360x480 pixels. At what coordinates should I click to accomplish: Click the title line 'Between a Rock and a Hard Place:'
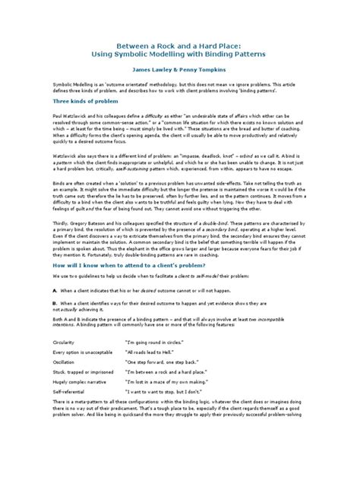(179, 44)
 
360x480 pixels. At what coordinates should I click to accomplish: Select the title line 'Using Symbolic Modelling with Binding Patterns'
(179, 55)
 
